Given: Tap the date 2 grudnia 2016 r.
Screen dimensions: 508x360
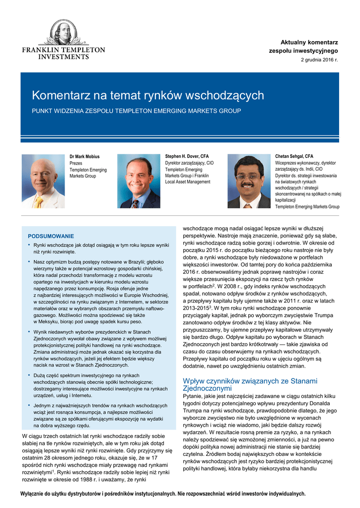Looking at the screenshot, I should (319, 60).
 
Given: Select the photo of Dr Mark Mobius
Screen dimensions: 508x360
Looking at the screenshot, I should (43, 181).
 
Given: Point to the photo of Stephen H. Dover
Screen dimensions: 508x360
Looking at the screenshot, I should (139, 181).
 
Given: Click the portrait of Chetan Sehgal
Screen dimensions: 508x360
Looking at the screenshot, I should (249, 181).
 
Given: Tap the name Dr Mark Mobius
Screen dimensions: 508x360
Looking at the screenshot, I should (85, 157).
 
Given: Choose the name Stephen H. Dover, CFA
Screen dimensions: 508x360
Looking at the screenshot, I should (187, 156).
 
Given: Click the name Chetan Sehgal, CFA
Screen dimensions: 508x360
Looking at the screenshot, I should (294, 156).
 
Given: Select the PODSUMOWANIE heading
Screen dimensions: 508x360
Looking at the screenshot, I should (51, 236).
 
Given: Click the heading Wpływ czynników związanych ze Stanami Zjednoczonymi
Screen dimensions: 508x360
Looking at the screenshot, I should (250, 385).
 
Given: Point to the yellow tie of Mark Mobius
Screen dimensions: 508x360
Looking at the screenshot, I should (39, 201).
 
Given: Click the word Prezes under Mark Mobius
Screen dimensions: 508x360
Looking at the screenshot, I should (76, 163).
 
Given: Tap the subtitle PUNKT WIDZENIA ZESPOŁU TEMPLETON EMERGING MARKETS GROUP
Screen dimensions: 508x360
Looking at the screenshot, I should (137, 111).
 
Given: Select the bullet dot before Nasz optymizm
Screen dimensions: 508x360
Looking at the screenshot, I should (29, 260).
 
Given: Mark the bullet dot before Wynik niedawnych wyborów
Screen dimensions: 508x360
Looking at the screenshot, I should (29, 331).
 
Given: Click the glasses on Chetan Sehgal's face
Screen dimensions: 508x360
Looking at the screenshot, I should (248, 176).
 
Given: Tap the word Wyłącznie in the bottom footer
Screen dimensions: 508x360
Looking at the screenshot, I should (33, 494).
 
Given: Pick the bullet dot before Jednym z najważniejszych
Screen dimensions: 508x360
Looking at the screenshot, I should (29, 405).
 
